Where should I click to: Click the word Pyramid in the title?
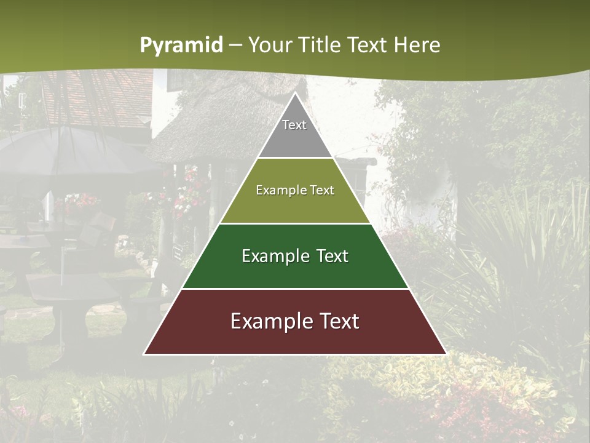[x=181, y=46]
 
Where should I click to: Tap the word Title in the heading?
[x=321, y=46]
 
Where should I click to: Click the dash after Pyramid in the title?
[x=235, y=46]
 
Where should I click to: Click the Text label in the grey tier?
[x=294, y=125]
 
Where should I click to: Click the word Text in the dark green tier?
[x=332, y=256]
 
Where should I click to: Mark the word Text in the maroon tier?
[x=336, y=321]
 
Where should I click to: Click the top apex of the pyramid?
[x=295, y=93]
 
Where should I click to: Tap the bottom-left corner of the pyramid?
[x=144, y=354]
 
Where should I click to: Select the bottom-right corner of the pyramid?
[x=446, y=354]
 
